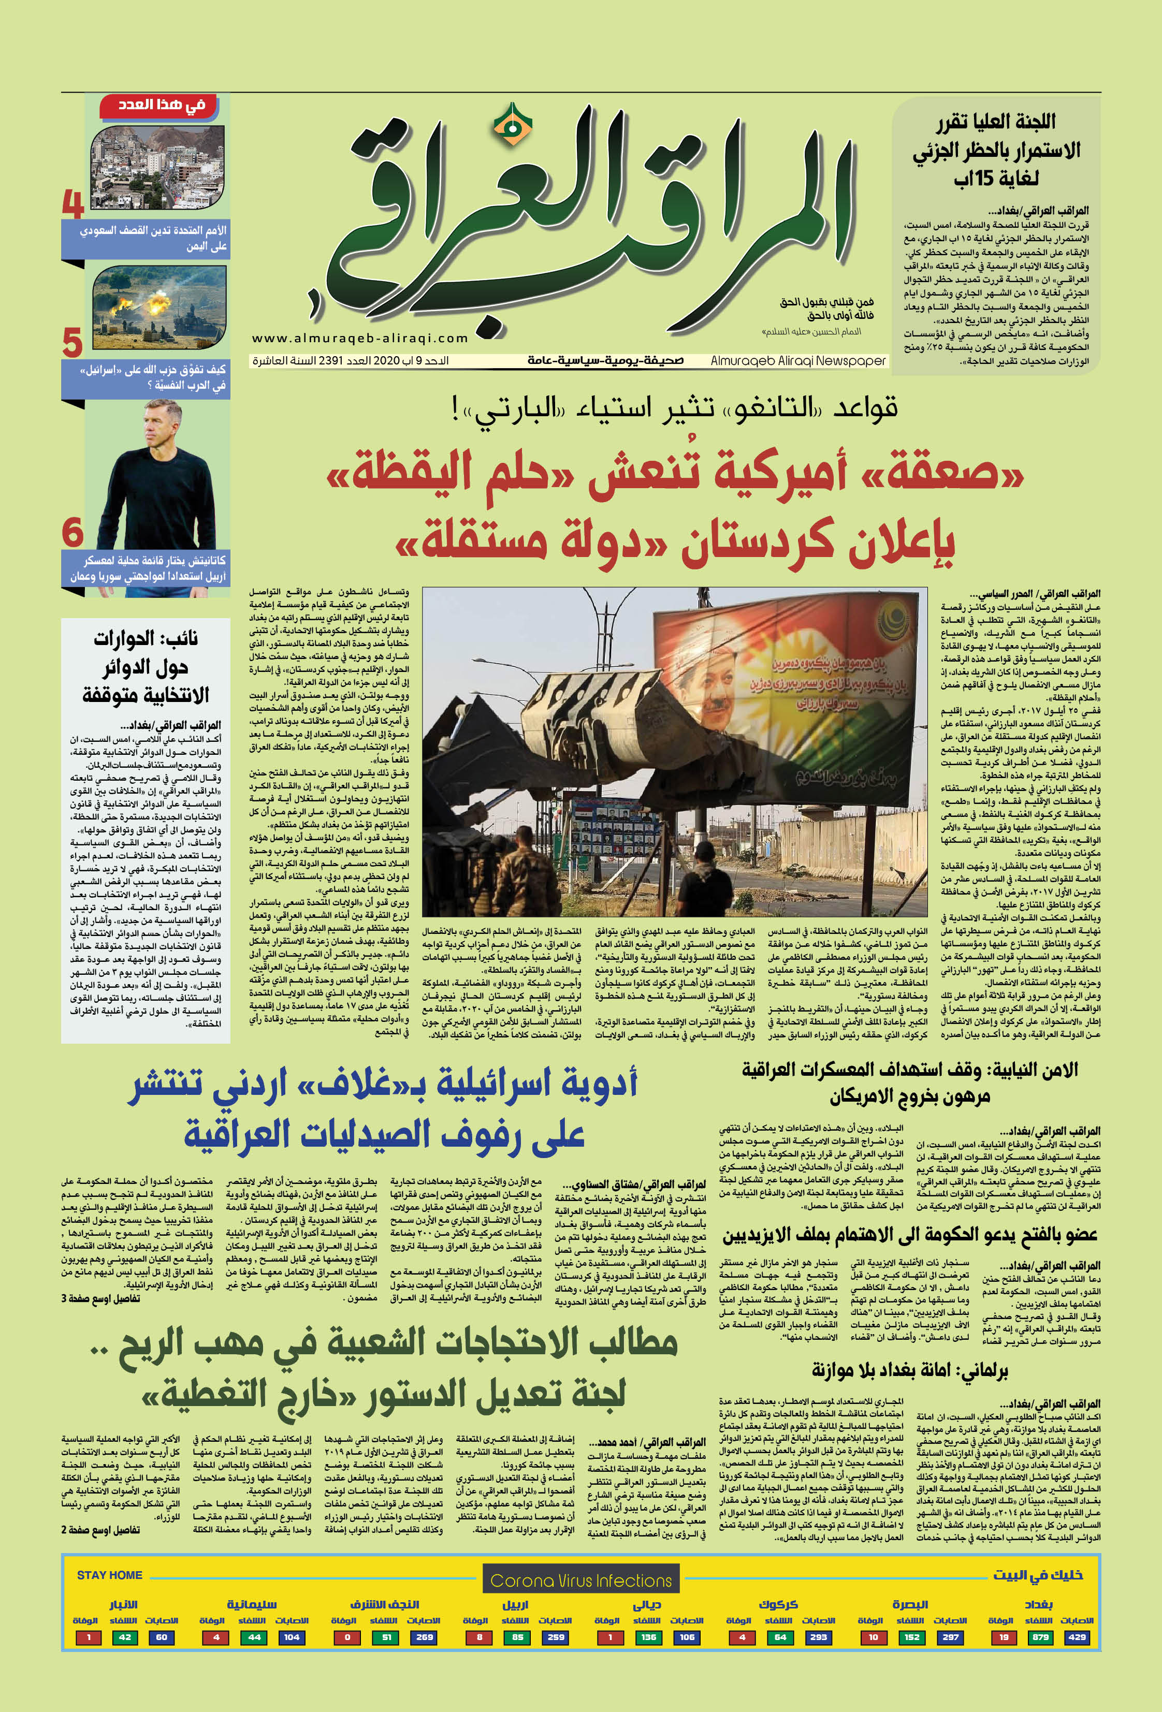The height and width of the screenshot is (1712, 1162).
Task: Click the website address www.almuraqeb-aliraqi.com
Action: coord(359,338)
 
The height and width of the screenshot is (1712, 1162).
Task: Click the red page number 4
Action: coord(72,204)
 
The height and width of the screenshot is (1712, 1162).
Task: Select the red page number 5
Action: coord(71,343)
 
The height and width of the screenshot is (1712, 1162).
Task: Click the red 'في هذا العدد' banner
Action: coord(162,105)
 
